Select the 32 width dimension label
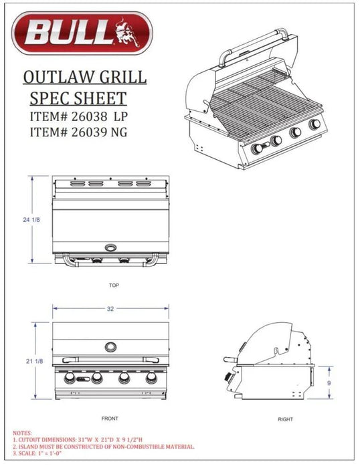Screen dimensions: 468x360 pos(110,309)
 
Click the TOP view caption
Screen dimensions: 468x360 pos(114,285)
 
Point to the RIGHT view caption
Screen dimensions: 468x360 pos(284,419)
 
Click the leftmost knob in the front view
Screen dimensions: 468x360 pos(69,380)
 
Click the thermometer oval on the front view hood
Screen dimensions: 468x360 pos(110,346)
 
